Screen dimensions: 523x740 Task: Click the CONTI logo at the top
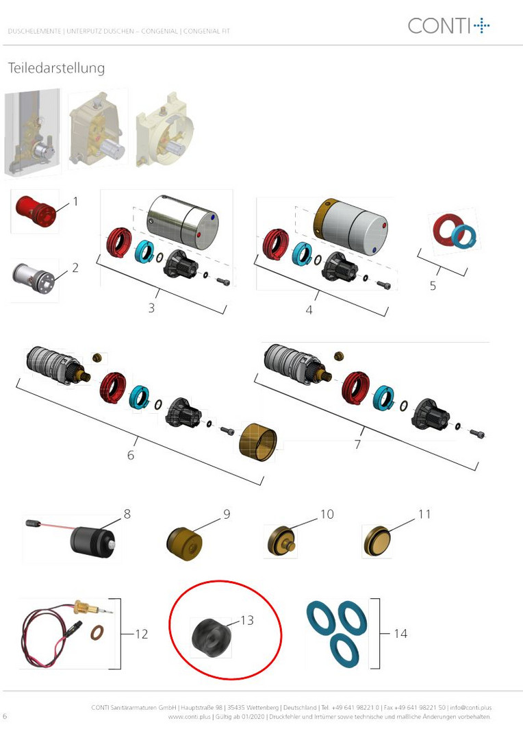coord(448,25)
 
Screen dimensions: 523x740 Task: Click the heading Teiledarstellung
coord(56,68)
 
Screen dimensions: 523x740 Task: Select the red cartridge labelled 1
coord(36,212)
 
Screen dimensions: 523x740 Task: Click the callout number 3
coord(151,308)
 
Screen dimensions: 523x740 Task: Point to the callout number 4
coord(309,310)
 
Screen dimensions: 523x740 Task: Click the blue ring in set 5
coord(464,236)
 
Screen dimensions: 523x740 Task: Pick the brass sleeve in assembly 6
coord(258,442)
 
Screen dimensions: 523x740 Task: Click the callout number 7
coord(357,444)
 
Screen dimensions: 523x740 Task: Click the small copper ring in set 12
coord(97,632)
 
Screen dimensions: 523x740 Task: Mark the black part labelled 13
coord(211,637)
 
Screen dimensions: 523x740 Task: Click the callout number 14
coord(400,634)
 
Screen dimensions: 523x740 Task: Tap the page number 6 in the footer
coord(5,716)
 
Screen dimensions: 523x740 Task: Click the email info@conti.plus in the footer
coord(471,707)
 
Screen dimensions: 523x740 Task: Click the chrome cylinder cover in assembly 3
coord(183,222)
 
